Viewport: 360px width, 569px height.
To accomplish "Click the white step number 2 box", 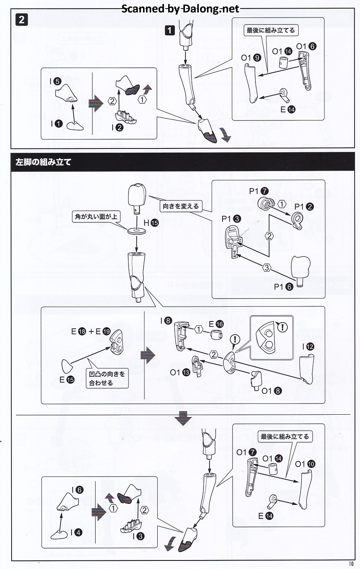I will [21, 19].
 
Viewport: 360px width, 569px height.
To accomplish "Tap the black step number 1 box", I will [170, 30].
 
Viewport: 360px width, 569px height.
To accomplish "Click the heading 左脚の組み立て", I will [43, 162].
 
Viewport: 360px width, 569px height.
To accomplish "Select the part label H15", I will [151, 223].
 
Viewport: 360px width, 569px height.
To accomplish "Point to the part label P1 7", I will [259, 191].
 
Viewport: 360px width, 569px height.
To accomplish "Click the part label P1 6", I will [283, 287].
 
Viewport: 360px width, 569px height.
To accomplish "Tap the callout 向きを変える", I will [181, 206].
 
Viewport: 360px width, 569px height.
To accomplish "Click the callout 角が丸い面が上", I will [96, 216].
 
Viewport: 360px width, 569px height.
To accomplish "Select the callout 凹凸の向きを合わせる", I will [107, 378].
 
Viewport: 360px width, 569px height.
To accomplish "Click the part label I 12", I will [308, 347].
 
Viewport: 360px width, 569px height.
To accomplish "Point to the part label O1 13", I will [180, 372].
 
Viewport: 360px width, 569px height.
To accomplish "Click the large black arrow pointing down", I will [183, 419].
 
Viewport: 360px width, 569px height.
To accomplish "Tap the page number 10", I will [351, 564].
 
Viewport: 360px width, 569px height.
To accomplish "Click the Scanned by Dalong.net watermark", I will [180, 9].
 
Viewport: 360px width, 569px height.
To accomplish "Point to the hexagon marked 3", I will [266, 267].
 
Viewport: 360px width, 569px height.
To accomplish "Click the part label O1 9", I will [251, 58].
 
